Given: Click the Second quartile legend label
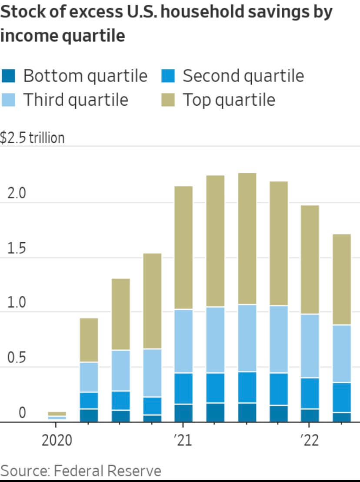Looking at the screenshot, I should click(x=243, y=76).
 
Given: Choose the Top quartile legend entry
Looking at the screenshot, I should click(x=228, y=100).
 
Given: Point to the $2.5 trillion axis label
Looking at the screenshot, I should click(x=32, y=138).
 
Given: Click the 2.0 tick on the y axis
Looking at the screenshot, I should click(x=17, y=194).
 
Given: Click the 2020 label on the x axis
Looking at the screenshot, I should click(x=57, y=441).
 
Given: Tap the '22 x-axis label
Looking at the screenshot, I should click(x=310, y=441).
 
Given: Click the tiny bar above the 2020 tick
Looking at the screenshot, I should click(x=57, y=415).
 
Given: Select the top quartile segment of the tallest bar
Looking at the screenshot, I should click(x=247, y=238).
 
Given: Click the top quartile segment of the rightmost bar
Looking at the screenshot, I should click(x=342, y=279).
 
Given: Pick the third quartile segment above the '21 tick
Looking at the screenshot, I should click(x=183, y=341).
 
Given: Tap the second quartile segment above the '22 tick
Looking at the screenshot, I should click(x=310, y=393).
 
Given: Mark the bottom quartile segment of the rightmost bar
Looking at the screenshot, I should click(x=342, y=417).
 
